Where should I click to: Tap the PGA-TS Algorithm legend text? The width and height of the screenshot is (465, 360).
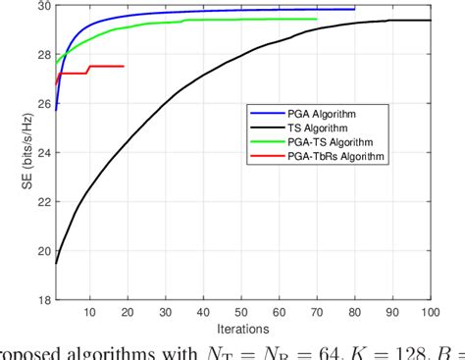click(304, 142)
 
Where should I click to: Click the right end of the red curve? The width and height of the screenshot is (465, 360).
click(124, 66)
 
